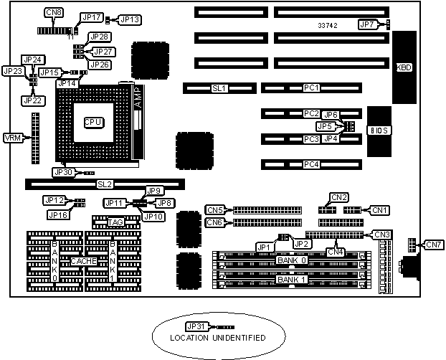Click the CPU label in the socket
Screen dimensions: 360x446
(92, 122)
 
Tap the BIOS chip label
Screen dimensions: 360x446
(379, 131)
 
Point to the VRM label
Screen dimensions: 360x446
(12, 138)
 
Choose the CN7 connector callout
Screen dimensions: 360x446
(435, 245)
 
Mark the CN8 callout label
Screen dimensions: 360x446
(53, 13)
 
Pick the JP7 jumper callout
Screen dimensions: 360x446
(366, 25)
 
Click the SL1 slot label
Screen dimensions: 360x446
(219, 88)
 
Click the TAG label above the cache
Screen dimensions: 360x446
(115, 222)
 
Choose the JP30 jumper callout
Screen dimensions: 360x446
(63, 172)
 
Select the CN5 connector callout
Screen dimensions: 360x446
(214, 210)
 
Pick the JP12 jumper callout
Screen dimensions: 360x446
(54, 201)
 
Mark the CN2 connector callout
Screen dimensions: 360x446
(339, 196)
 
